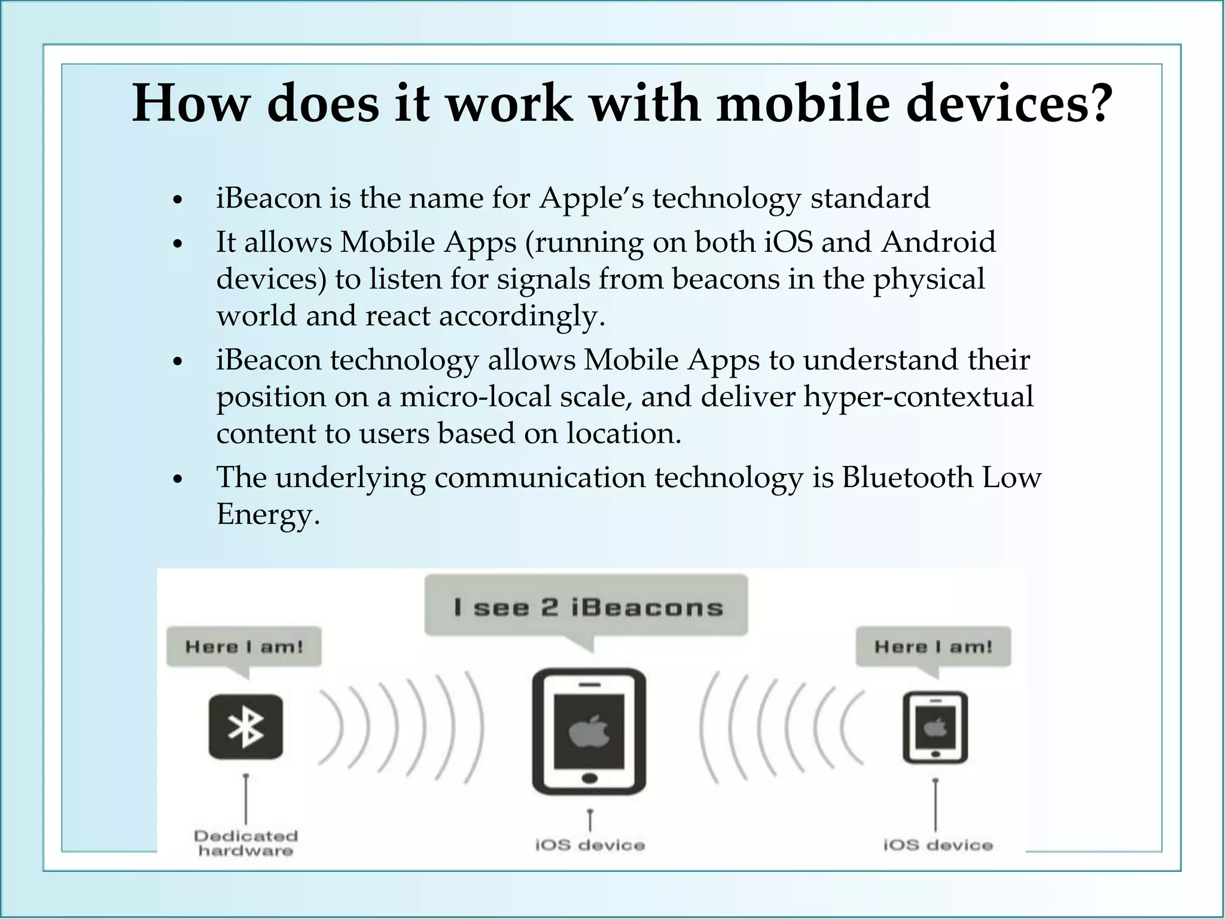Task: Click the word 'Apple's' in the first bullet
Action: pyautogui.click(x=591, y=198)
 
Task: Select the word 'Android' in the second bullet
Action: pyautogui.click(x=938, y=242)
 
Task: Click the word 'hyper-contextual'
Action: pyautogui.click(x=918, y=397)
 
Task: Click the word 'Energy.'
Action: pyautogui.click(x=268, y=515)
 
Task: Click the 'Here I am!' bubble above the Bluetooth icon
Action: pyautogui.click(x=244, y=647)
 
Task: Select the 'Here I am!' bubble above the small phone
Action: pyautogui.click(x=933, y=647)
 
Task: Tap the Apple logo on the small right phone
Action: pyautogui.click(x=935, y=728)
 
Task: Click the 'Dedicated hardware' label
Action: pyautogui.click(x=246, y=843)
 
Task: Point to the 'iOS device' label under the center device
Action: pyautogui.click(x=590, y=845)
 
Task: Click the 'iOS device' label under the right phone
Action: pyautogui.click(x=937, y=845)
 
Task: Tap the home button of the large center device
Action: pyautogui.click(x=589, y=778)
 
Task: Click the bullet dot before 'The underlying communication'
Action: pyautogui.click(x=176, y=480)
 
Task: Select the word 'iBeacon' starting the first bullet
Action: pyautogui.click(x=269, y=198)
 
